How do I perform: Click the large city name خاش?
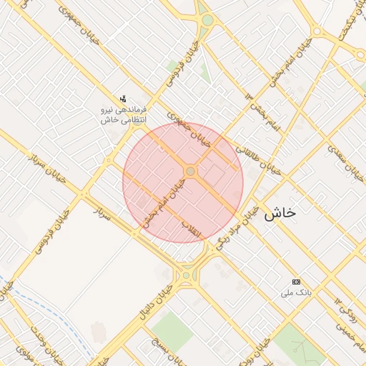pyautogui.click(x=280, y=212)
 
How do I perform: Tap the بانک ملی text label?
pyautogui.click(x=297, y=292)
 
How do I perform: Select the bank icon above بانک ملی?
pyautogui.click(x=297, y=281)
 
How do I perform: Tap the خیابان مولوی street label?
pyautogui.click(x=21, y=355)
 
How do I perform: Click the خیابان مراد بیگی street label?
pyautogui.click(x=236, y=225)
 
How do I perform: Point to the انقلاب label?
pyautogui.click(x=192, y=229)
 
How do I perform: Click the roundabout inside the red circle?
pyautogui.click(x=190, y=172)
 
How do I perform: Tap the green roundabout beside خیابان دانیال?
pyautogui.click(x=187, y=274)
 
